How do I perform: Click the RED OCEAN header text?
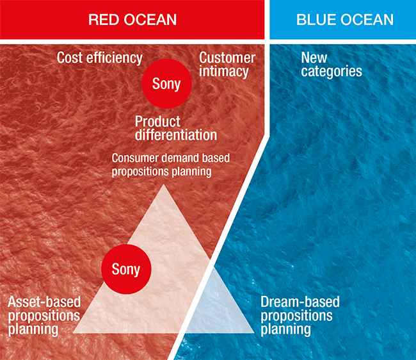tap(132, 20)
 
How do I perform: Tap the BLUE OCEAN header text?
tap(345, 20)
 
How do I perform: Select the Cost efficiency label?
tap(100, 58)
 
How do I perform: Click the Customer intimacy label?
tap(227, 65)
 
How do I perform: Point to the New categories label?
tap(332, 65)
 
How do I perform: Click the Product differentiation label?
tap(176, 128)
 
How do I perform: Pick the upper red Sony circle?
tap(166, 84)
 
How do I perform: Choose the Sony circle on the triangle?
tap(126, 269)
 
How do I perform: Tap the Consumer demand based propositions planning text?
tap(171, 165)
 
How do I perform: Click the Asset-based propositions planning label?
tap(44, 316)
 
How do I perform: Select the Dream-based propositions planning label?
tap(300, 316)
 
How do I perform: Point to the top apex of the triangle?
tap(164, 184)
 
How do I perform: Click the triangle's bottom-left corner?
tap(73, 332)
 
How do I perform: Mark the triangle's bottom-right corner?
tap(254, 332)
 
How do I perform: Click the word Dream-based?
tap(300, 302)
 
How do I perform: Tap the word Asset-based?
tap(44, 302)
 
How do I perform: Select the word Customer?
tap(227, 58)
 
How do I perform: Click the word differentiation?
tap(176, 135)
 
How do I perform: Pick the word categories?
tap(332, 72)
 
